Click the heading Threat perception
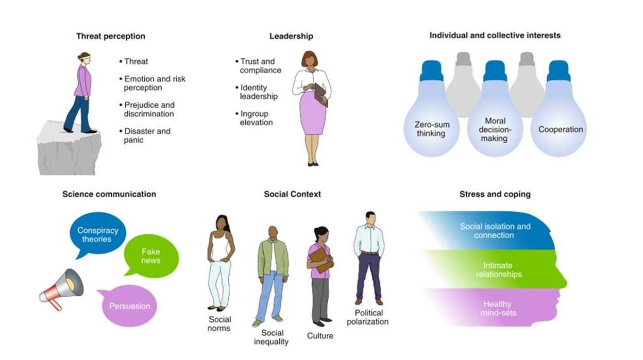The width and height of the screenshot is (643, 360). [110, 36]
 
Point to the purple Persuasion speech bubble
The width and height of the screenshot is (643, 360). [129, 306]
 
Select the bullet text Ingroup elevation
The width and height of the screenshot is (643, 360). [257, 118]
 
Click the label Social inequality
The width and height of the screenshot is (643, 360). [272, 337]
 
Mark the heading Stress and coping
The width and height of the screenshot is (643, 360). [495, 194]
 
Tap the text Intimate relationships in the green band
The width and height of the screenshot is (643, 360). [498, 270]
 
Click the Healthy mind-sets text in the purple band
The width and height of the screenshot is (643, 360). [498, 308]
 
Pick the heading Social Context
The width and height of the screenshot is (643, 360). [292, 194]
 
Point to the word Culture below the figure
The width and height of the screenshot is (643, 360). [320, 336]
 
